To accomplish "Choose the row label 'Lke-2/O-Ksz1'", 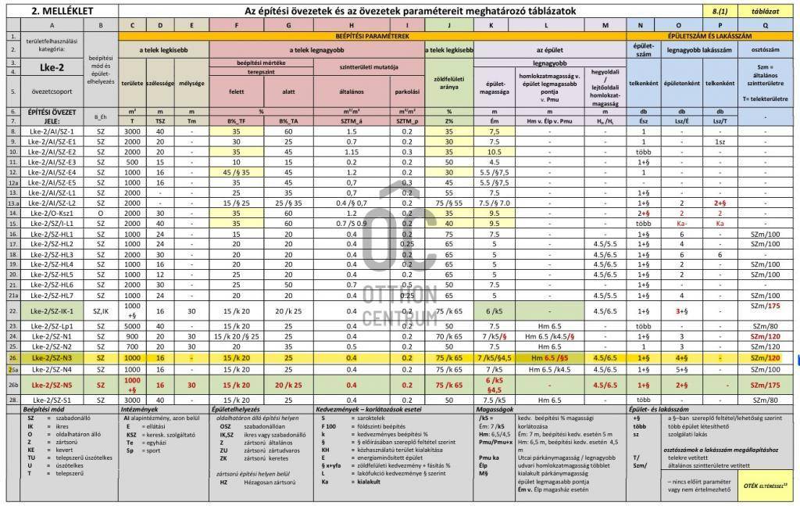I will (50, 212).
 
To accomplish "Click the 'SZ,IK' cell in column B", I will (100, 310).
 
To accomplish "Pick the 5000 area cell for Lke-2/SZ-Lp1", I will (132, 326).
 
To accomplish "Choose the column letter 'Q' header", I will (765, 24).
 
